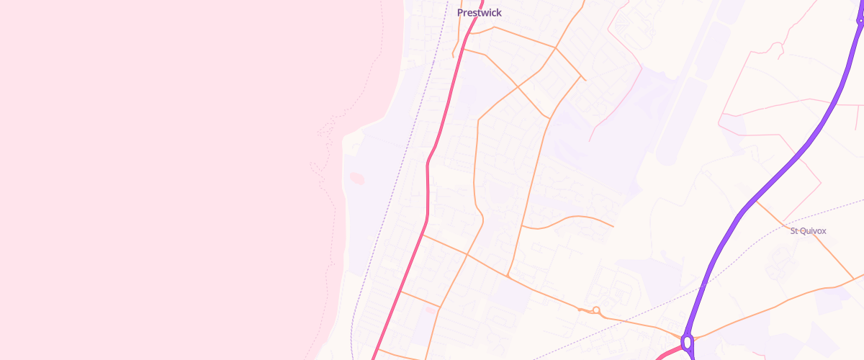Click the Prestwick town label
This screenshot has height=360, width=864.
click(480, 13)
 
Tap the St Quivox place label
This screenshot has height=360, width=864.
click(808, 231)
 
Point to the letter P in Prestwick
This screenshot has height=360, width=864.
click(461, 13)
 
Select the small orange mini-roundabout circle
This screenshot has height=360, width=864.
click(596, 310)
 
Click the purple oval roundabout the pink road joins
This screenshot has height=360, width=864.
click(688, 342)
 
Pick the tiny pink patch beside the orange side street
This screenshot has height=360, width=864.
click(431, 310)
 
